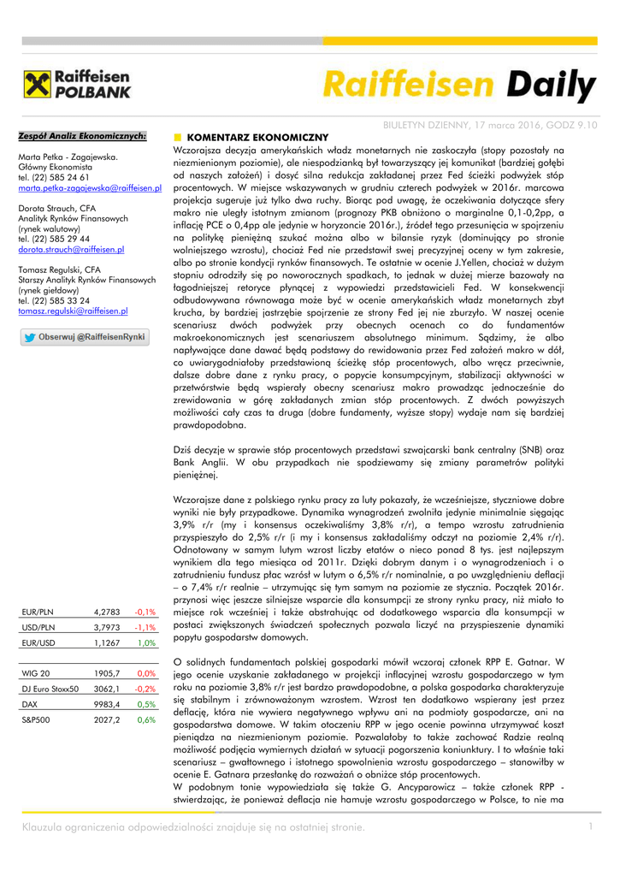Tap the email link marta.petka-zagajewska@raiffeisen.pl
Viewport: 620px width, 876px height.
click(x=90, y=186)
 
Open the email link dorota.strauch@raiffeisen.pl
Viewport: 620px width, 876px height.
click(x=71, y=249)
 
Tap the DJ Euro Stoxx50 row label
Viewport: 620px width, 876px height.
click(x=50, y=689)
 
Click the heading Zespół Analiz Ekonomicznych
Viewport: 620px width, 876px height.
click(x=82, y=135)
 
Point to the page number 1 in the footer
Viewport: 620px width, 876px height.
click(x=589, y=826)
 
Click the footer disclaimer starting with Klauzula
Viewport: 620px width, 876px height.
click(x=193, y=826)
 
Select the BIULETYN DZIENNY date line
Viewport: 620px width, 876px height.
click(x=489, y=125)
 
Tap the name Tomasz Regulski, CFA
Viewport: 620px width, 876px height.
click(x=59, y=269)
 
